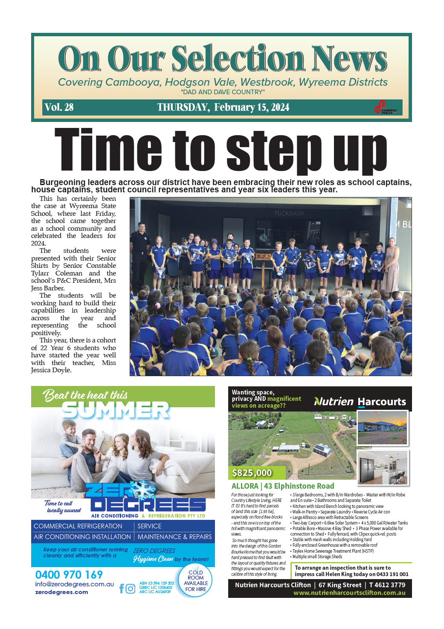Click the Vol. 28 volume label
[59, 107]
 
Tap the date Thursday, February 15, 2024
[223, 107]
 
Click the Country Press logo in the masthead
[386, 107]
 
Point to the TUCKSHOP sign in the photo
[289, 214]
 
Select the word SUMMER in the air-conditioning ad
[116, 410]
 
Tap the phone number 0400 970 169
[69, 575]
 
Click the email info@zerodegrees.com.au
[75, 584]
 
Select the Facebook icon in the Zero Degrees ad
[122, 589]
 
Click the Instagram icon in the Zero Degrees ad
[131, 589]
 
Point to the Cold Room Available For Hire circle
[196, 581]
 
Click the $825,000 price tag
[252, 472]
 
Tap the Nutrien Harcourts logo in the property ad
[360, 402]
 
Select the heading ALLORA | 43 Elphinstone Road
[283, 486]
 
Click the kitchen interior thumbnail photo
[383, 468]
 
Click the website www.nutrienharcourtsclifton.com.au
[349, 593]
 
